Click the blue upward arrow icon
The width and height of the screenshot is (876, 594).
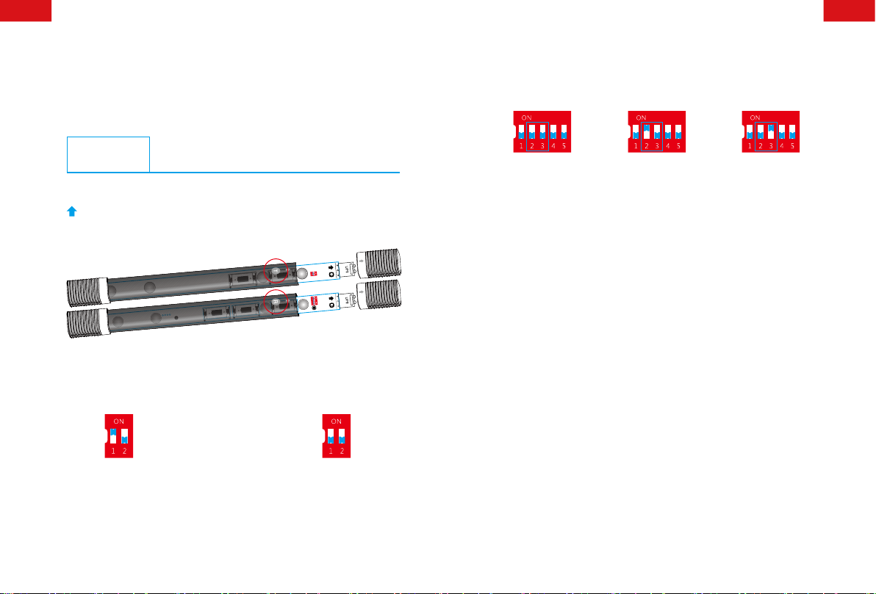(72, 211)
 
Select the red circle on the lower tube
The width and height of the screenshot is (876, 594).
(277, 303)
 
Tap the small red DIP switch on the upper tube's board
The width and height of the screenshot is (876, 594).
(313, 273)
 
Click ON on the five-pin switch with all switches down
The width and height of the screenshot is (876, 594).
(525, 117)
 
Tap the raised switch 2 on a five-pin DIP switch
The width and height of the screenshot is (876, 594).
(645, 130)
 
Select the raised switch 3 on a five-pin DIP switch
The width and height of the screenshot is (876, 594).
(771, 130)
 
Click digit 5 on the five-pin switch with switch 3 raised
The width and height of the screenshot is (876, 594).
(792, 146)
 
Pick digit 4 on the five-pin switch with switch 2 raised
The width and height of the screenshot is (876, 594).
(667, 146)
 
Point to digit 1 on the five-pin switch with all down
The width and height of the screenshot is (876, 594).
(520, 146)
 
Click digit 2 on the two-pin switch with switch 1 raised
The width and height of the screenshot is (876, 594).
(124, 452)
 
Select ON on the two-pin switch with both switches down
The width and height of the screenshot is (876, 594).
(337, 421)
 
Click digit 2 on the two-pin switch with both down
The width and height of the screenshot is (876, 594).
(342, 452)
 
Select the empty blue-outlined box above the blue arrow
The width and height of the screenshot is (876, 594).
(108, 153)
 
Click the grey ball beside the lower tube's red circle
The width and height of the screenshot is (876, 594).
(301, 305)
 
